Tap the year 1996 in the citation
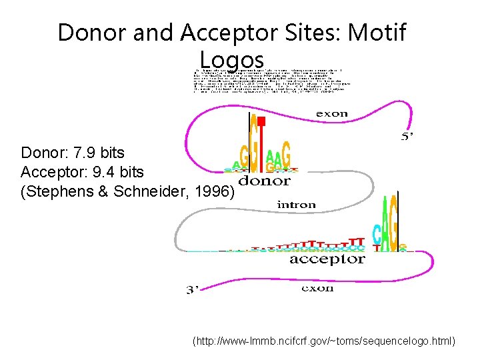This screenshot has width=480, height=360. click(x=213, y=192)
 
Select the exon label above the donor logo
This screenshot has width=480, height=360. click(x=331, y=113)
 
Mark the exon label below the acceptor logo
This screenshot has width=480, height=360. click(x=318, y=288)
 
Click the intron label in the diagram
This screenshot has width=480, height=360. click(x=296, y=205)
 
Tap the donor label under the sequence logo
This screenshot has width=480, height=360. click(x=265, y=181)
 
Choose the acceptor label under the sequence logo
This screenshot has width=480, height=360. click(x=327, y=259)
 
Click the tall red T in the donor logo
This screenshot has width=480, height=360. click(x=262, y=143)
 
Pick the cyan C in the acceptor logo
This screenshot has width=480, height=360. click(x=377, y=233)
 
